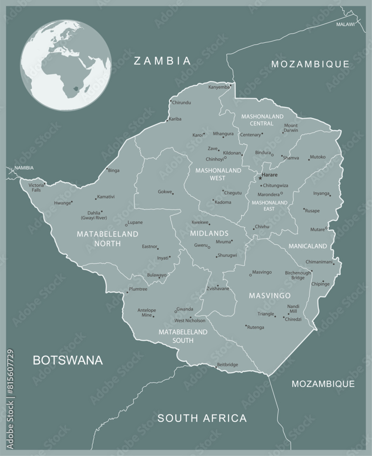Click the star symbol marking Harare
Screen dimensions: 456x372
[260, 178]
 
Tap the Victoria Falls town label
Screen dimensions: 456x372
[36, 187]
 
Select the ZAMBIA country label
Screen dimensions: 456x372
[162, 61]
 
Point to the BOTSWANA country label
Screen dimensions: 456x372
[68, 360]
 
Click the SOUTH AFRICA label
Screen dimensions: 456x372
[202, 418]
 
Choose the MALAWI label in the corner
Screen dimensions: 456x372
[345, 24]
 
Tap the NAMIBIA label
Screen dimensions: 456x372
[24, 168]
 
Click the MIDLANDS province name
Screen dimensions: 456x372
[209, 233]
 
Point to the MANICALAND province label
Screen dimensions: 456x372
[307, 246]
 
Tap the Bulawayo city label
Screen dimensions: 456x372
[157, 275]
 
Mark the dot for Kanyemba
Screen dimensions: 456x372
[230, 85]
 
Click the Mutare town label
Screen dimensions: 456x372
[317, 229]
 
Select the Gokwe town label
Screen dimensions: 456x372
[164, 192]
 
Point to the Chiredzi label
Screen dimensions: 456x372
[293, 319]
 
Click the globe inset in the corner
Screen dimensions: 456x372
[66, 64]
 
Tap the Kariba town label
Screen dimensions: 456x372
[175, 119]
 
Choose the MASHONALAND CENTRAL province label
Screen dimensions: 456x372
[262, 120]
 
